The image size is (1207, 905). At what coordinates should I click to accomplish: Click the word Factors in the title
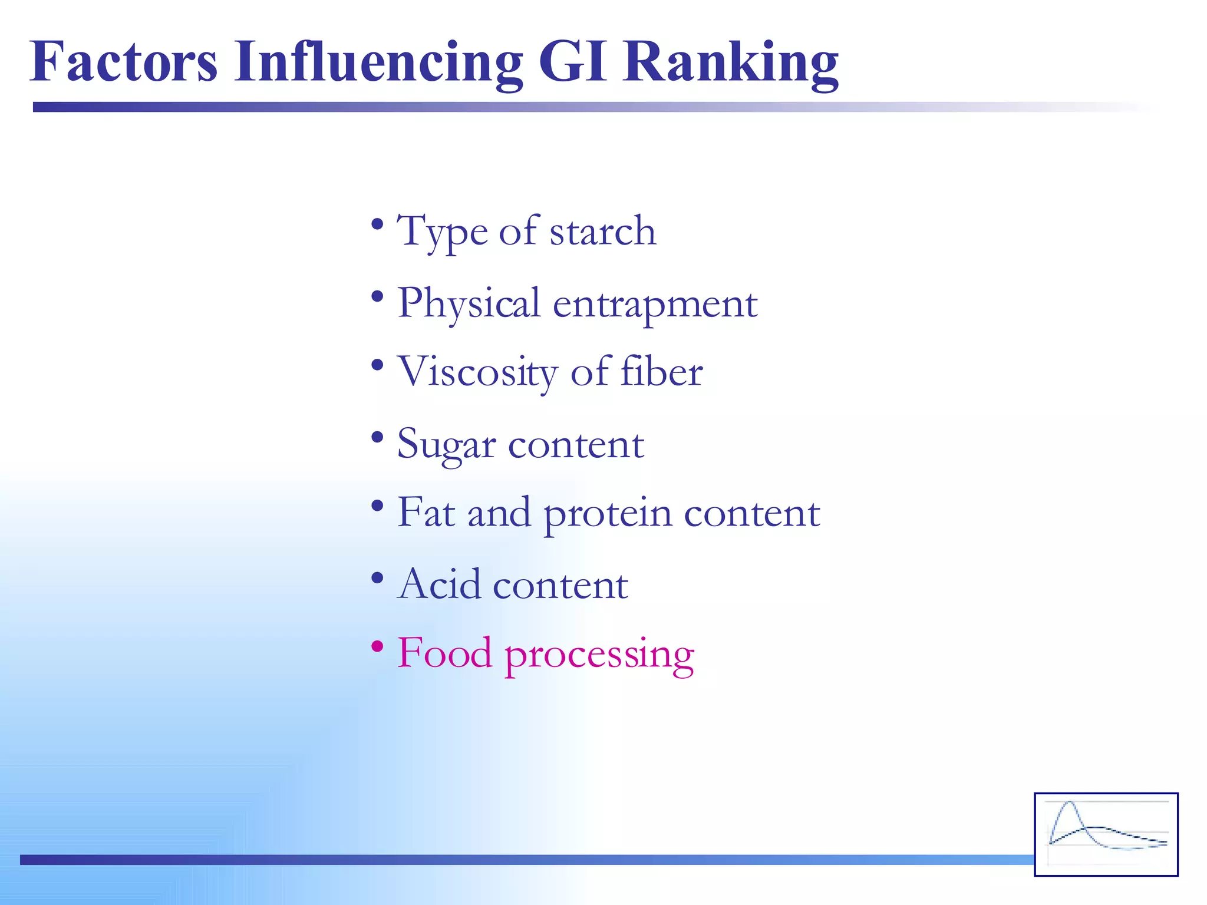pyautogui.click(x=124, y=62)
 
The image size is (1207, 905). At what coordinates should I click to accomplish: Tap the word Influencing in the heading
pyautogui.click(x=378, y=62)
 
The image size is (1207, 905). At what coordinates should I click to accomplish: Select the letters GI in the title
pyautogui.click(x=572, y=62)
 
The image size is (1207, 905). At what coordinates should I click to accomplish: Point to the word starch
pyautogui.click(x=602, y=231)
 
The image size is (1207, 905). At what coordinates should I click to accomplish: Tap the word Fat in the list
pyautogui.click(x=426, y=512)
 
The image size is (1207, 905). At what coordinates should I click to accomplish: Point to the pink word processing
pyautogui.click(x=599, y=655)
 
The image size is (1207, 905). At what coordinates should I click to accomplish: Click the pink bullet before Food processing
pyautogui.click(x=378, y=646)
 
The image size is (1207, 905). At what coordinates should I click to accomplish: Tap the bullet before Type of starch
pyautogui.click(x=378, y=224)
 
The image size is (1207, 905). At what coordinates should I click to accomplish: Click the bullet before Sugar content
pyautogui.click(x=378, y=437)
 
